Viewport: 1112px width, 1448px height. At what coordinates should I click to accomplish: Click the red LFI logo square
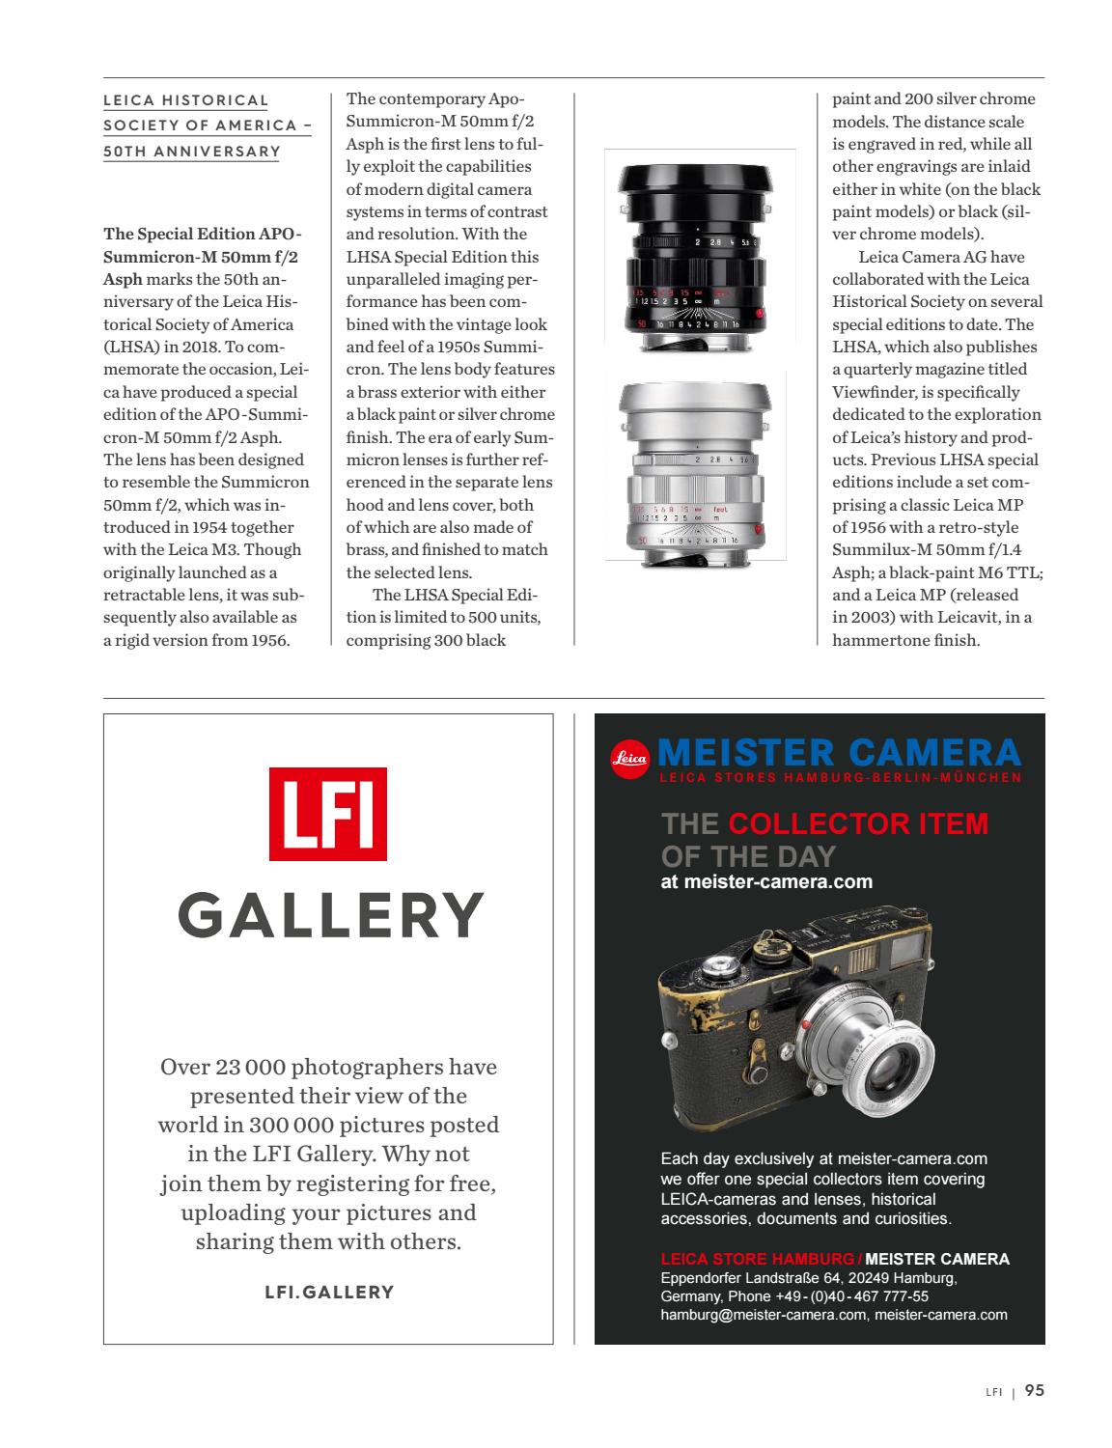coord(327,814)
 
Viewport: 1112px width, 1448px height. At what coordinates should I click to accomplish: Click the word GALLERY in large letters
coord(330,915)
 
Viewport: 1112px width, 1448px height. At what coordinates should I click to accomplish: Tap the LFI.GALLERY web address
coord(329,1292)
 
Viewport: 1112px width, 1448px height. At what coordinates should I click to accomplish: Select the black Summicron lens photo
coord(700,246)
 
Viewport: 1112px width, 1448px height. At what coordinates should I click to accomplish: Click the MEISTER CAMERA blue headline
coord(838,752)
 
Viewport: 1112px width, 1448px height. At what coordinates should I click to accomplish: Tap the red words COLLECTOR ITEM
coord(858,823)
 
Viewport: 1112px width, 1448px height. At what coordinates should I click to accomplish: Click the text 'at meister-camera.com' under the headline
coord(766,881)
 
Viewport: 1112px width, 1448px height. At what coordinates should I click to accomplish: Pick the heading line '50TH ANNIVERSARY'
coord(192,151)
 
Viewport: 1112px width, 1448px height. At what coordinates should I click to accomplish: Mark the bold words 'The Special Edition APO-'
coord(202,235)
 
